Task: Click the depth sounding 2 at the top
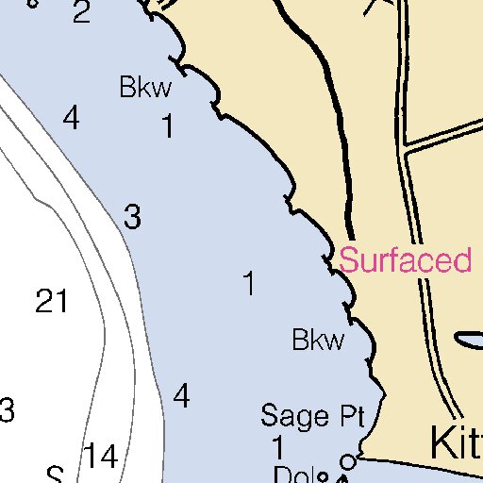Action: pos(81,13)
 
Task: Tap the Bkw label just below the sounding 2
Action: pos(146,89)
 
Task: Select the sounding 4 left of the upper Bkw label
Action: pos(71,119)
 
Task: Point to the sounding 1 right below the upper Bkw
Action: pos(168,126)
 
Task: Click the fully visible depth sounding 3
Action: pos(132,218)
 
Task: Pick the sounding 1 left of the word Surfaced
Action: pos(249,283)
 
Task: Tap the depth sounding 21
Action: pos(52,302)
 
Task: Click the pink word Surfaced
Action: pos(406,260)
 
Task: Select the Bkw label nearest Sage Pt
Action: pos(318,340)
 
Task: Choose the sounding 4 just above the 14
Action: pos(181,396)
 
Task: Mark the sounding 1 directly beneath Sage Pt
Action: pos(278,446)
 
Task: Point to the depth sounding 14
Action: pos(99,457)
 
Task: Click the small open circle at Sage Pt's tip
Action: pos(347,461)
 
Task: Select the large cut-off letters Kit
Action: pos(457,443)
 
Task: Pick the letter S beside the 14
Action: pos(56,475)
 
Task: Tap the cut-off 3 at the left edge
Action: pos(7,410)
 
